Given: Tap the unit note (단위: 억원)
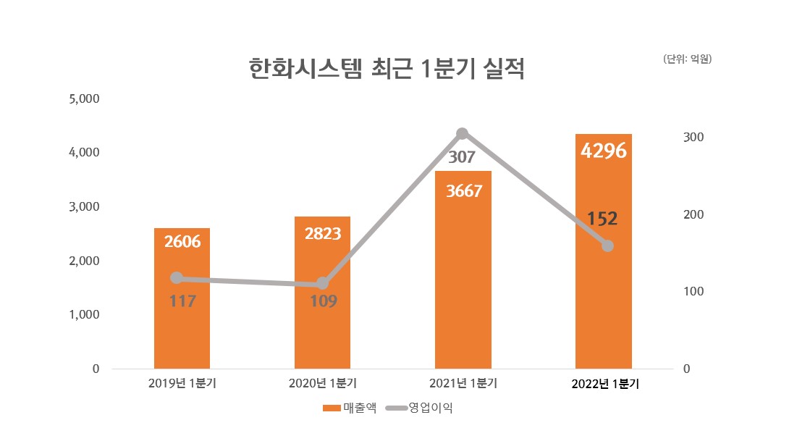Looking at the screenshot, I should pos(688,59).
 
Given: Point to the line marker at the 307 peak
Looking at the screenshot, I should pos(463,133).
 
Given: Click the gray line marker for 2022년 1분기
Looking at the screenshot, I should pos(607,246).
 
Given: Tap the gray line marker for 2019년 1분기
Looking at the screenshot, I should pos(176,278).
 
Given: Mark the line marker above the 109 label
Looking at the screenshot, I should pos(323,283).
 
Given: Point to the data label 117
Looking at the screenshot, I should pos(182,301).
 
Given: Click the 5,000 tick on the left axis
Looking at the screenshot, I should pos(83,98).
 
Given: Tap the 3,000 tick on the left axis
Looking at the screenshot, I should pos(83,206).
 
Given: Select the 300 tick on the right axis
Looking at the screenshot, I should pos(693,138).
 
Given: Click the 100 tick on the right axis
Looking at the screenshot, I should pos(693,292).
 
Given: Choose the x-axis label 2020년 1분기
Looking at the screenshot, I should pos(322,383).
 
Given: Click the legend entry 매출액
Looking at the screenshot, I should pos(350,408).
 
